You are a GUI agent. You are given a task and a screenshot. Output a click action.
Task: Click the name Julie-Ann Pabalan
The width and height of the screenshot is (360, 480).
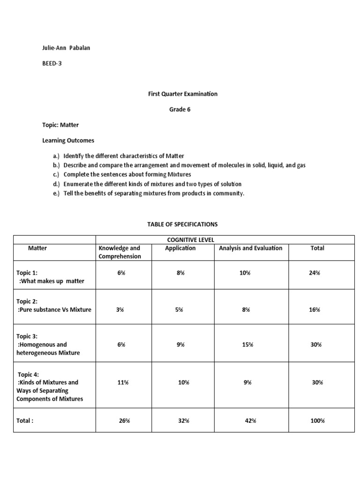pyautogui.click(x=67, y=48)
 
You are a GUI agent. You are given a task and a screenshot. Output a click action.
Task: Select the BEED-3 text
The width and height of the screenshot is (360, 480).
pyautogui.click(x=52, y=63)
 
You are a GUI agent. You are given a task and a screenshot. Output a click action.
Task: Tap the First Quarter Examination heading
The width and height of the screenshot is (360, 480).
pyautogui.click(x=183, y=94)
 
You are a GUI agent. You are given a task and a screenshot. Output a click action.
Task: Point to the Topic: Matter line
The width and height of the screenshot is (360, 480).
pyautogui.click(x=61, y=126)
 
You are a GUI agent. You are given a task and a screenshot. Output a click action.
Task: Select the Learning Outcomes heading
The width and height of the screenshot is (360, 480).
pyautogui.click(x=68, y=141)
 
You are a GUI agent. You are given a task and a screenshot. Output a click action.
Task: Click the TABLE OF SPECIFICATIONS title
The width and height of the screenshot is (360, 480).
pyautogui.click(x=182, y=225)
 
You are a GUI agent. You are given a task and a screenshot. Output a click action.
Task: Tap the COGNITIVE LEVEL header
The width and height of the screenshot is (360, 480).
pyautogui.click(x=190, y=240)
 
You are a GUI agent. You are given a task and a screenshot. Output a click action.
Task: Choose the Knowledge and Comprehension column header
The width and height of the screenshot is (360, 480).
pyautogui.click(x=119, y=252)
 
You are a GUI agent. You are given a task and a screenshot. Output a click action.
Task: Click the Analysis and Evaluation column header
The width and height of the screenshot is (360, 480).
pyautogui.click(x=250, y=248)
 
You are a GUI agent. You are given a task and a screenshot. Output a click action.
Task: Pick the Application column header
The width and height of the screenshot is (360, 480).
pyautogui.click(x=180, y=248)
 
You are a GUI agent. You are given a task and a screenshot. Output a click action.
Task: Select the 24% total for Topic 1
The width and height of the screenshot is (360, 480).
pyautogui.click(x=314, y=273)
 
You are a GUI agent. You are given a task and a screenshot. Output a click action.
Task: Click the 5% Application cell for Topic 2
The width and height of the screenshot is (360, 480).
pyautogui.click(x=179, y=310)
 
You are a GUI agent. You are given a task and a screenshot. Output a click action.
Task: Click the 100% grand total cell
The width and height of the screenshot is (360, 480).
pyautogui.click(x=317, y=421)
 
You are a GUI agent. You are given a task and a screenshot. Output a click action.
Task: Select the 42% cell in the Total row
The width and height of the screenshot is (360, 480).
pyautogui.click(x=250, y=421)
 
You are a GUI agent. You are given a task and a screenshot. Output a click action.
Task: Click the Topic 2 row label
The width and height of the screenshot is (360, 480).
pyautogui.click(x=53, y=306)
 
